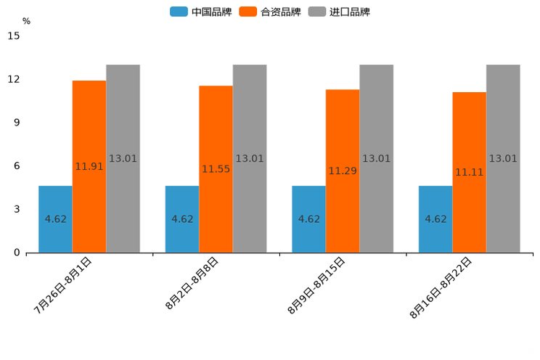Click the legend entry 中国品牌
(x=201, y=12)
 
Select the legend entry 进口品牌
(x=339, y=12)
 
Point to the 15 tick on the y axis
(x=14, y=36)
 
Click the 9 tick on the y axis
(x=17, y=123)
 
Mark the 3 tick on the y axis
(x=17, y=209)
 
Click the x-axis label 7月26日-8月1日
(x=64, y=285)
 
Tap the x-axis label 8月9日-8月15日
(x=316, y=285)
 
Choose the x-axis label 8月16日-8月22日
(x=441, y=287)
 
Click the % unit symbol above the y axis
(x=26, y=21)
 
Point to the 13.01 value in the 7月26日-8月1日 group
(x=123, y=159)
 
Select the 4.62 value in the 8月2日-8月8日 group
(x=182, y=219)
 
